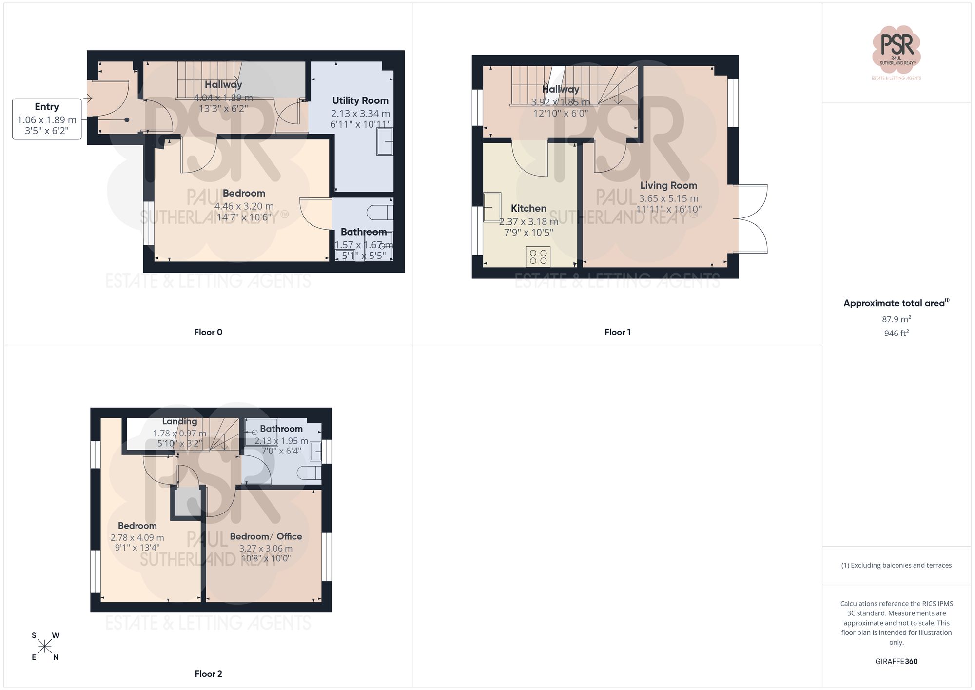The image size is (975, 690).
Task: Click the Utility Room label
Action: [360, 100]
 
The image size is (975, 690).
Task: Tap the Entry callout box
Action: [47, 118]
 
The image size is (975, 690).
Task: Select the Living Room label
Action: [668, 185]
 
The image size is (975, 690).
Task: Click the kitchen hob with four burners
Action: [538, 257]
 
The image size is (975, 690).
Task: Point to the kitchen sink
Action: [492, 207]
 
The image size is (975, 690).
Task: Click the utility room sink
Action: [385, 141]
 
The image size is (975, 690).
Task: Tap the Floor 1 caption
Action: [617, 332]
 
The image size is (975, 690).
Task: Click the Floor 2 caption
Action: [208, 674]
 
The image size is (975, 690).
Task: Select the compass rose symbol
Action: [45, 647]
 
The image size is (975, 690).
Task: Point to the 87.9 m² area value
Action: [896, 319]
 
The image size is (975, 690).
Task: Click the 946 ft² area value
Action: [896, 333]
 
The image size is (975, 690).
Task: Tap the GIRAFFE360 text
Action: [896, 661]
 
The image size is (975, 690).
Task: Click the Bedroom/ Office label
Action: [266, 536]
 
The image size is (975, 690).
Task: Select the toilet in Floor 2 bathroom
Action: [310, 473]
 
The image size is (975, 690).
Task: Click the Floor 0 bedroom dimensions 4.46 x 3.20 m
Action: [244, 206]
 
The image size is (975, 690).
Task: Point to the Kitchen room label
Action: [528, 208]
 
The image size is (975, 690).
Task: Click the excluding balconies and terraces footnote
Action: [896, 565]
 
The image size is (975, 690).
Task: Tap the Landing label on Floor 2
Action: [179, 421]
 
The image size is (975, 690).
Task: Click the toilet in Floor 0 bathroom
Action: [380, 213]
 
